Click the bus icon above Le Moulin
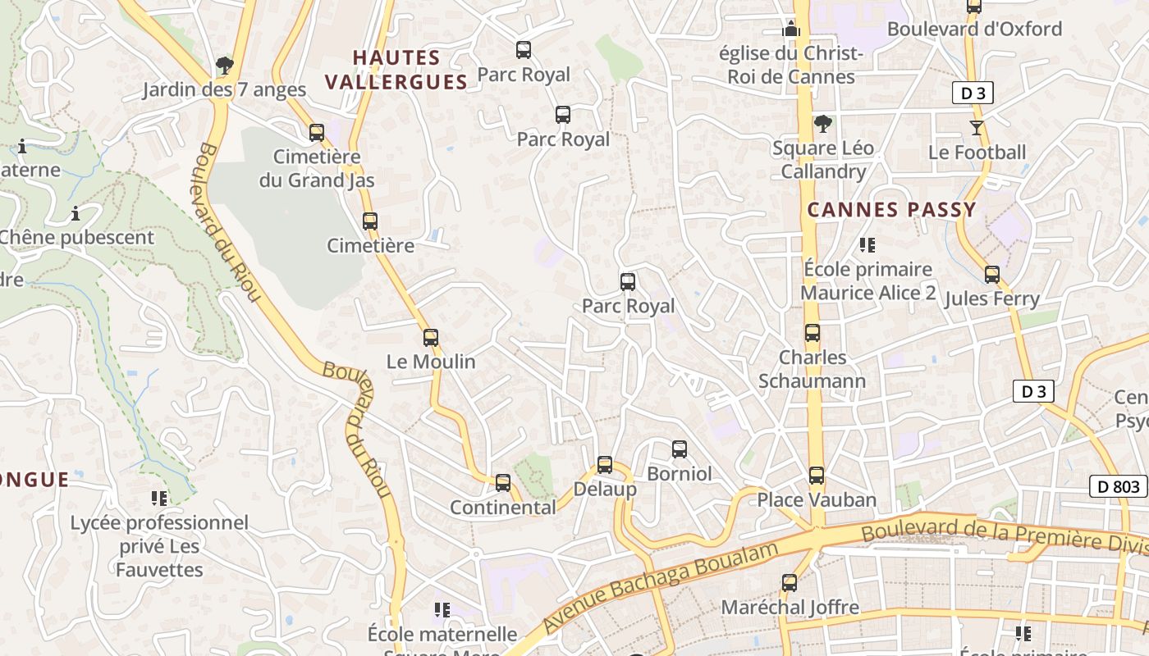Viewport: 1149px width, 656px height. pyautogui.click(x=431, y=337)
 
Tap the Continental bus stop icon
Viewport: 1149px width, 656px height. pyautogui.click(x=503, y=483)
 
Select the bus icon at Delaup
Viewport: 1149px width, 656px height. pyautogui.click(x=605, y=465)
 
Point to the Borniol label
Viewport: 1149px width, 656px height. pyautogui.click(x=680, y=474)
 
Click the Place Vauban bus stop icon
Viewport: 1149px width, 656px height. pyautogui.click(x=816, y=475)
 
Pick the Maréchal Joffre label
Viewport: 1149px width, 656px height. pyautogui.click(x=790, y=608)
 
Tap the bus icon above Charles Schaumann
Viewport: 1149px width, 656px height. pyautogui.click(x=813, y=333)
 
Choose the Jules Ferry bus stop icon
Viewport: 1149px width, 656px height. pyautogui.click(x=992, y=275)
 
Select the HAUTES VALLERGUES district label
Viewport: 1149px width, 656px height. pyautogui.click(x=396, y=70)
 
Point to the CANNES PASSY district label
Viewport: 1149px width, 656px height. pyautogui.click(x=891, y=210)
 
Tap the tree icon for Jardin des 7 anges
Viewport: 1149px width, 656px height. pyautogui.click(x=224, y=65)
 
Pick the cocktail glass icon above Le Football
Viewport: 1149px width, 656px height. pyautogui.click(x=977, y=128)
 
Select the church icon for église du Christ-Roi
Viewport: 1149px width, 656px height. pyautogui.click(x=791, y=29)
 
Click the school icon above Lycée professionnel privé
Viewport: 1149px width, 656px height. pyautogui.click(x=159, y=498)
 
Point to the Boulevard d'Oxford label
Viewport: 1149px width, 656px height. pyautogui.click(x=974, y=30)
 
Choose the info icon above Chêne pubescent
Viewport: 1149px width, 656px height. pyautogui.click(x=76, y=214)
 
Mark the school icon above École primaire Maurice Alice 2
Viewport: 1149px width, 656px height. pyautogui.click(x=867, y=244)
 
